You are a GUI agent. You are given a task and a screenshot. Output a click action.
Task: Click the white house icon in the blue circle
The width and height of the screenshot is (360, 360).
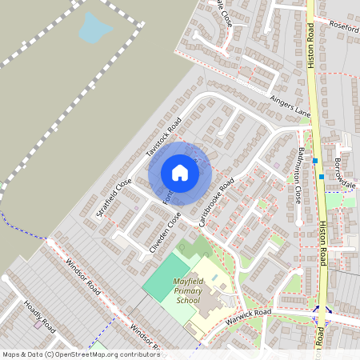coord(180,173)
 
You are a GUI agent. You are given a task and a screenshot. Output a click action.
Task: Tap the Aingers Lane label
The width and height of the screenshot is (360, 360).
coord(290,106)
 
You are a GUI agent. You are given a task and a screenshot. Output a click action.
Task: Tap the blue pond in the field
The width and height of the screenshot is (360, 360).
coord(94,30)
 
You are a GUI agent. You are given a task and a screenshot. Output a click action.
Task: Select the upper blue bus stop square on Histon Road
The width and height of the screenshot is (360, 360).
coord(315,160)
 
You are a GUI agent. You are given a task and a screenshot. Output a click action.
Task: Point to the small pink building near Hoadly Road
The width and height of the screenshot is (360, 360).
coord(38,325)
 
